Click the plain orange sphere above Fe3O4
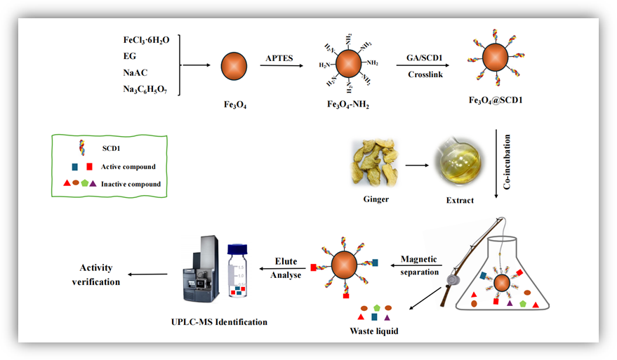pyautogui.click(x=234, y=67)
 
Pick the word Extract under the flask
pyautogui.click(x=460, y=200)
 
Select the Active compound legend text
pyautogui.click(x=128, y=167)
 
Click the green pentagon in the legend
pyautogui.click(x=84, y=183)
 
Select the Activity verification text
pyautogui.click(x=95, y=274)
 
